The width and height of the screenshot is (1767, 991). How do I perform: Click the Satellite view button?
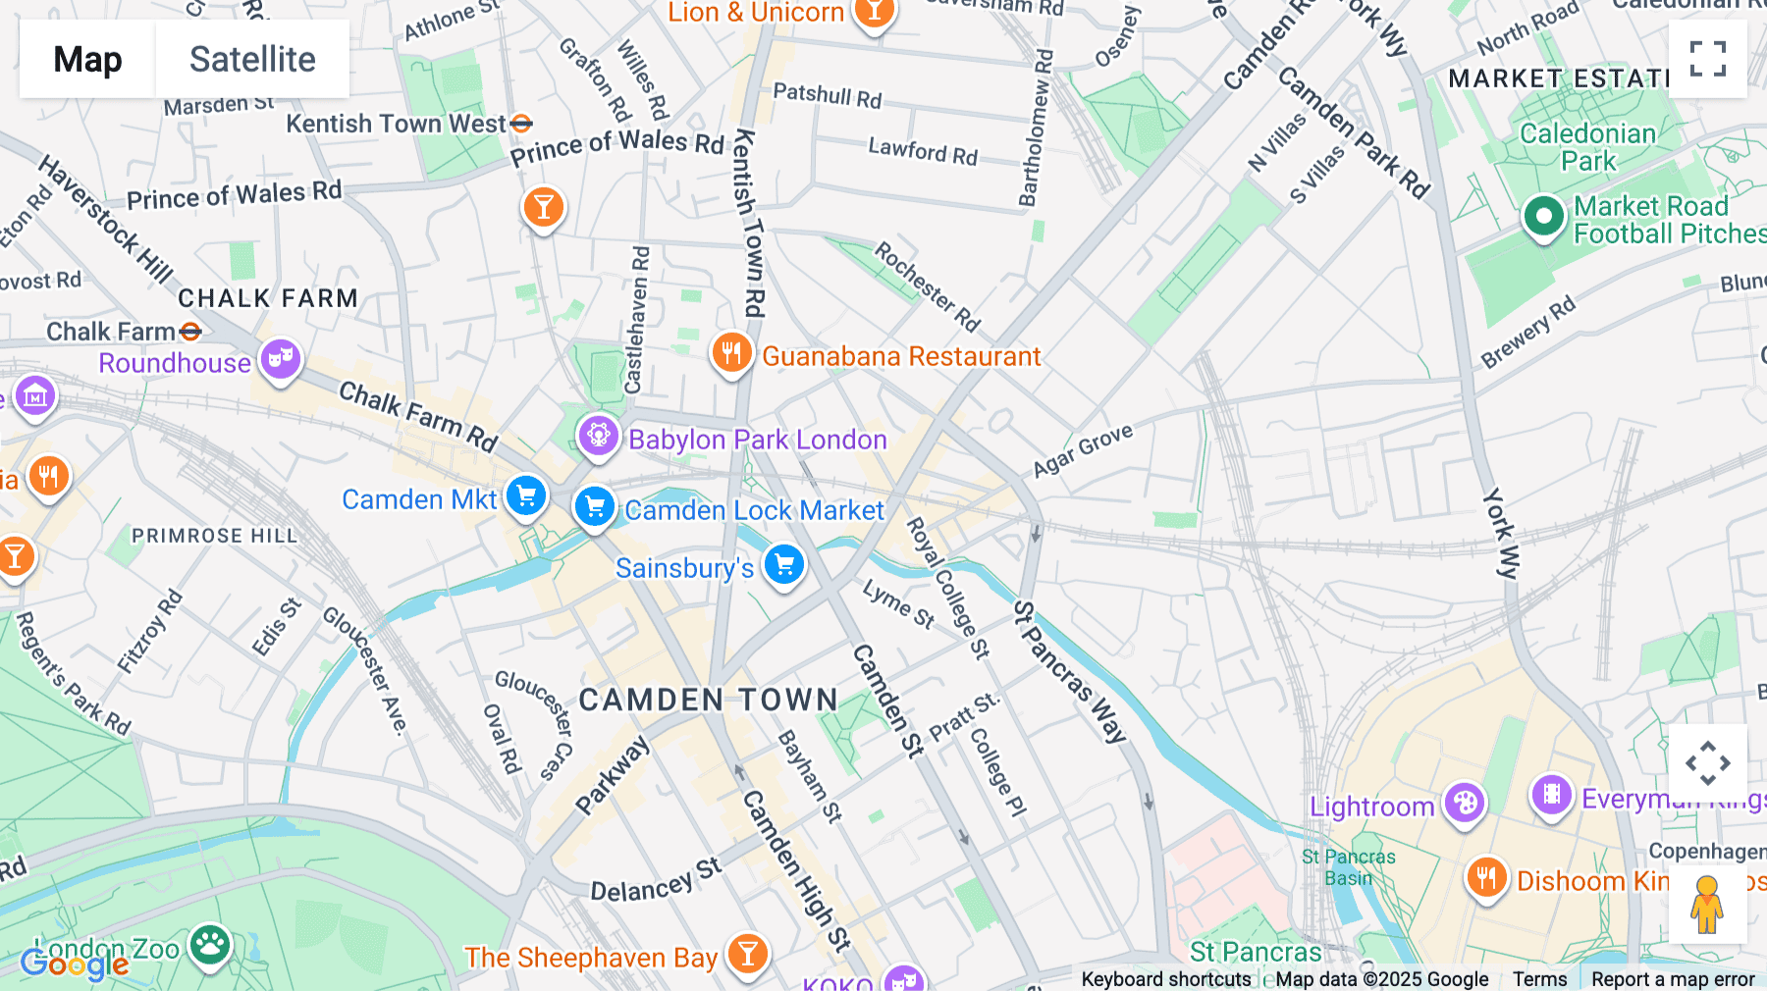252,59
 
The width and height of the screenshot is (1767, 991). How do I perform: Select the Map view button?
87,59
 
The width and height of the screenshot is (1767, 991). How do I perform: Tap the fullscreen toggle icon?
1707,59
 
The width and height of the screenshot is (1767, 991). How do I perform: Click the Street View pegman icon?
1707,904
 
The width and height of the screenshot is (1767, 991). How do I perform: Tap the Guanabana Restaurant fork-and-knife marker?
731,351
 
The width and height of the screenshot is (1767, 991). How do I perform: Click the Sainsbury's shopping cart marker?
783,564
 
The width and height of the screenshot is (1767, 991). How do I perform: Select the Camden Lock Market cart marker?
594,507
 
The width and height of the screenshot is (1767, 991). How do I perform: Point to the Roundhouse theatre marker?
281,358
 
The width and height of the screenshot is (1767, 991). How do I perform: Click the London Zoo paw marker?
210,945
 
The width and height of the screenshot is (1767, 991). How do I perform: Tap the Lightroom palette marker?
1464,803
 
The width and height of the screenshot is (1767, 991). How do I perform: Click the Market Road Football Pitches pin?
1543,217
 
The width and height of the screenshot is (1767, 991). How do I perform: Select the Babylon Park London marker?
598,435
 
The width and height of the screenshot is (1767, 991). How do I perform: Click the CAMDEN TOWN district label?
709,700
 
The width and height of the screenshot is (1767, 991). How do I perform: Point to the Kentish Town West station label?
397,125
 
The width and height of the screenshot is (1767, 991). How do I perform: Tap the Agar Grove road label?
1083,451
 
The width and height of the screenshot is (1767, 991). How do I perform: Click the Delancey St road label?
656,880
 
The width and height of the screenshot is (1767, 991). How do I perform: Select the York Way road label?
1501,534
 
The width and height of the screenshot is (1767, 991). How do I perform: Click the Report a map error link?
1673,979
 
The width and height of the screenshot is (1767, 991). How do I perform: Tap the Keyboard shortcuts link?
1165,979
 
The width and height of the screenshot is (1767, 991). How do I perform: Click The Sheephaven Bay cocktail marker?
748,953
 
